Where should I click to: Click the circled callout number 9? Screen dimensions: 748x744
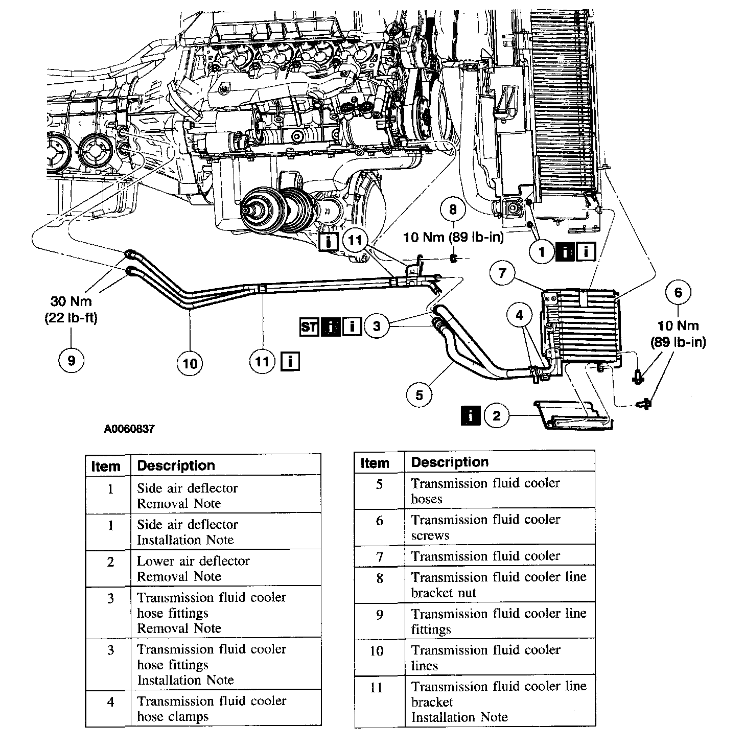(71, 360)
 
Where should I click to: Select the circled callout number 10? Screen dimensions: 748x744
(190, 363)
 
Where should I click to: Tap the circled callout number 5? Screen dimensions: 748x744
(420, 395)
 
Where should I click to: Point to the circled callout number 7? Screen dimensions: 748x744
(502, 273)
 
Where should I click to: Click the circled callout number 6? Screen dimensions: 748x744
(678, 292)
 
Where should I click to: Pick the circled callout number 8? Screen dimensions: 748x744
(453, 209)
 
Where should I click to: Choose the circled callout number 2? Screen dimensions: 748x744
(497, 415)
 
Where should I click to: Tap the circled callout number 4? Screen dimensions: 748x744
(520, 315)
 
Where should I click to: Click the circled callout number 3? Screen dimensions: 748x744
(377, 325)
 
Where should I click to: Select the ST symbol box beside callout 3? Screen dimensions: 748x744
(309, 326)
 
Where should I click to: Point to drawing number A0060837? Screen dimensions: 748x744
(129, 429)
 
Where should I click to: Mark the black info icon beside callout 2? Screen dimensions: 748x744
(471, 415)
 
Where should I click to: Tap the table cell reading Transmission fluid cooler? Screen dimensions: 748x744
(485, 556)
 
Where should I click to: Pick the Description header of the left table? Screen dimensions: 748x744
(176, 465)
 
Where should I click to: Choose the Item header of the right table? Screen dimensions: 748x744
(375, 463)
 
